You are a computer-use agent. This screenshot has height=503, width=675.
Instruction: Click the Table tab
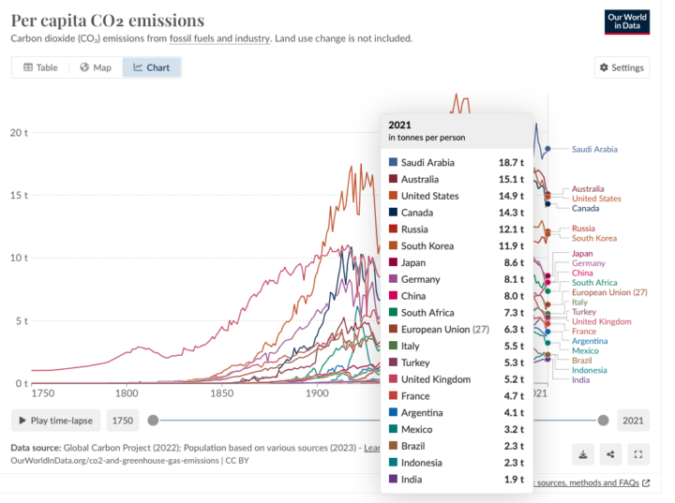(x=40, y=67)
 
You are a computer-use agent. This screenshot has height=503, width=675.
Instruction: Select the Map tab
(x=96, y=67)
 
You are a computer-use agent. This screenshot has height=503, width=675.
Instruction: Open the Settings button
(x=622, y=67)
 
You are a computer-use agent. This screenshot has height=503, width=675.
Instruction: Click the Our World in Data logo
(x=627, y=22)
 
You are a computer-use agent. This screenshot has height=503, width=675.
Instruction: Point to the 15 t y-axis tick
(x=19, y=195)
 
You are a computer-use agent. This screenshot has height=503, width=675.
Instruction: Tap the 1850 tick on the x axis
(x=221, y=394)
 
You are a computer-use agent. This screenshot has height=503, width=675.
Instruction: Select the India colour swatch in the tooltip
(x=393, y=480)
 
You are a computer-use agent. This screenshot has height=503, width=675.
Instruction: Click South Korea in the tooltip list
(x=427, y=245)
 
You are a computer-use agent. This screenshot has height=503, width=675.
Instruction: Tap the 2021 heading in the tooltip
(x=400, y=124)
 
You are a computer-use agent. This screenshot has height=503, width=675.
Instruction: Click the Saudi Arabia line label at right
(x=594, y=149)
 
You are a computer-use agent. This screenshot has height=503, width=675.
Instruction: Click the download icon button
(x=582, y=454)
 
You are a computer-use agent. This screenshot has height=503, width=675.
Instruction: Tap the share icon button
(x=610, y=454)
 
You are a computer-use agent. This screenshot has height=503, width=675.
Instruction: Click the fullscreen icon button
(x=637, y=454)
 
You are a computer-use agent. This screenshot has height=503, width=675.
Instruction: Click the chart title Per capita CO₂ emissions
(x=107, y=20)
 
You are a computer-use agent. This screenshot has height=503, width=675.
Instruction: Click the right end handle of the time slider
(x=603, y=421)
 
